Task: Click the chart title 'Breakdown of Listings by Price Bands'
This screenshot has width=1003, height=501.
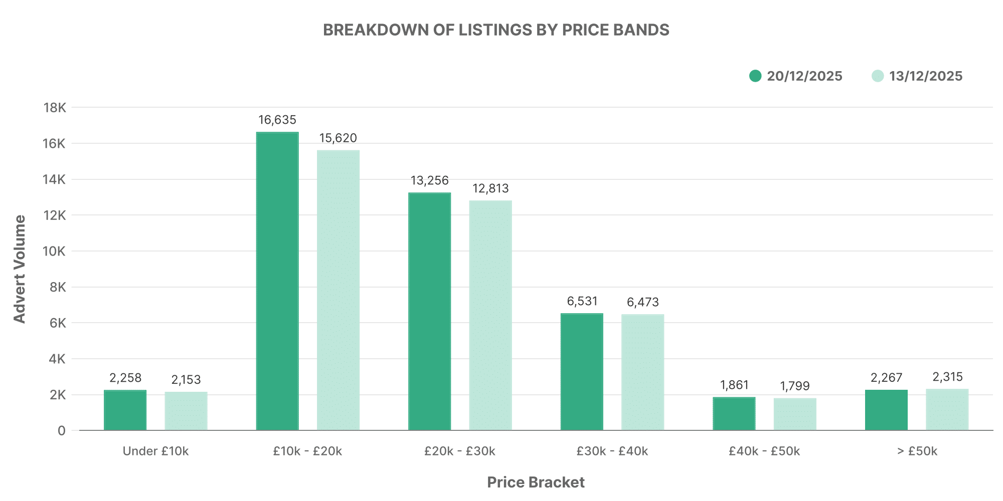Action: tap(496, 30)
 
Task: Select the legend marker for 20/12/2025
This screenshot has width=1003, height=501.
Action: tap(755, 76)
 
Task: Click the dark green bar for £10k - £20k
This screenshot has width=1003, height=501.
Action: tap(277, 281)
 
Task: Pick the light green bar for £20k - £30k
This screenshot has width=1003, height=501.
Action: tap(490, 315)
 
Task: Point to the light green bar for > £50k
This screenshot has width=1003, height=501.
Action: tap(947, 409)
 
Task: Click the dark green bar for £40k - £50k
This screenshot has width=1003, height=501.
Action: tap(734, 413)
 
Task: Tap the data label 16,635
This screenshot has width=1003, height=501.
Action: tap(277, 120)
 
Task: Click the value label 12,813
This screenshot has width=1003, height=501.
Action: tap(490, 188)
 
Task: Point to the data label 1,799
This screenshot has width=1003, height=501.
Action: tap(795, 386)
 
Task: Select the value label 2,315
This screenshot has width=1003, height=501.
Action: tap(947, 377)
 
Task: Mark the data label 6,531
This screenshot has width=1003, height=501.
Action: tap(582, 301)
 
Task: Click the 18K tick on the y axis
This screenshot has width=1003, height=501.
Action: tap(55, 108)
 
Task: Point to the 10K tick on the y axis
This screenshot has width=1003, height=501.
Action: tap(54, 251)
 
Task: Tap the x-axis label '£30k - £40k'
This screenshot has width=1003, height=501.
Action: tap(612, 451)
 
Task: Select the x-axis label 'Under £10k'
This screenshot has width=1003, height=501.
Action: tap(155, 451)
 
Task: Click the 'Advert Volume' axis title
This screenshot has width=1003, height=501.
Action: tap(19, 269)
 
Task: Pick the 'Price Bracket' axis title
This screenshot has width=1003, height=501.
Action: tap(536, 482)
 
